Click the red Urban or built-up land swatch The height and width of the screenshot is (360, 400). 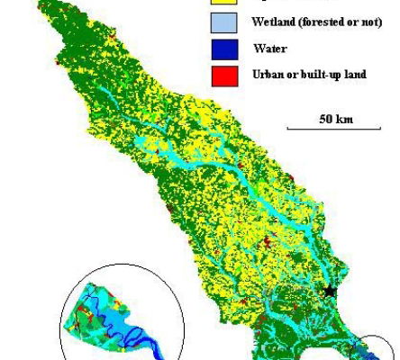[224, 76]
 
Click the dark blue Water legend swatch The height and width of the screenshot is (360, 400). [224, 49]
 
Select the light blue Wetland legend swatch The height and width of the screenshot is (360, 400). [224, 22]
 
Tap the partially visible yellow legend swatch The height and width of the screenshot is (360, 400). [224, 3]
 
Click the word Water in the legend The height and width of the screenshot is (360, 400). [268, 49]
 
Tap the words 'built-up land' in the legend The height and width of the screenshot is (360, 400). [334, 75]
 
